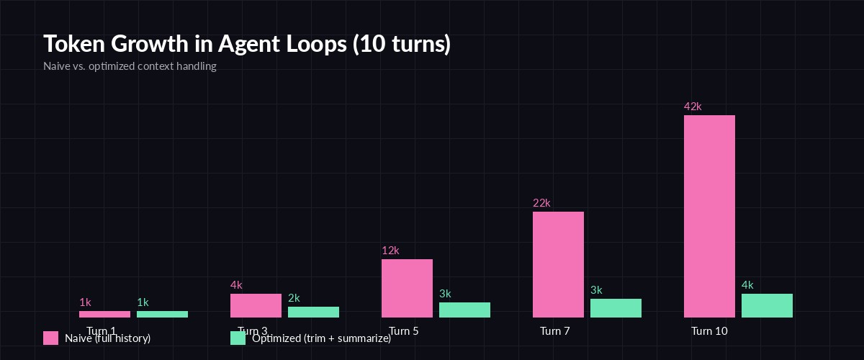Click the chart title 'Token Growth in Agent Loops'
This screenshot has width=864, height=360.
(247, 44)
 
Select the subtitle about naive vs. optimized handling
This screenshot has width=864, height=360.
(130, 66)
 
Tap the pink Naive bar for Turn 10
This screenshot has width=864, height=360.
(709, 216)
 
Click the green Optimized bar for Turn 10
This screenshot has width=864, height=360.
(767, 305)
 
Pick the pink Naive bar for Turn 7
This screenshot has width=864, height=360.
(558, 264)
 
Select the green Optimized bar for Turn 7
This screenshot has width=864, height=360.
(616, 308)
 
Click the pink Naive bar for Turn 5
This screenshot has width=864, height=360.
(407, 288)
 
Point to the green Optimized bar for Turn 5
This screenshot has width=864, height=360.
(464, 310)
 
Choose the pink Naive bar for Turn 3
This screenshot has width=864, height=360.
(256, 305)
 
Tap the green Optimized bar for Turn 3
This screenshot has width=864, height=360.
(313, 312)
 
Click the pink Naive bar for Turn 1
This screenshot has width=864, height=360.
(104, 314)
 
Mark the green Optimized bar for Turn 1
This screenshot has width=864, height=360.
(162, 314)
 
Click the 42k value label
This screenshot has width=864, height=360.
(693, 107)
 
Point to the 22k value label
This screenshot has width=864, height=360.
(541, 203)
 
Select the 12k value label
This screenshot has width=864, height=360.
(390, 251)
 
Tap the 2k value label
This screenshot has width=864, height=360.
(294, 298)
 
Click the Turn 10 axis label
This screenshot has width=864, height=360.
(709, 331)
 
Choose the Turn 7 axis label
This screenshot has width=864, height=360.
(554, 331)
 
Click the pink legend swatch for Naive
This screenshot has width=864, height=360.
(50, 338)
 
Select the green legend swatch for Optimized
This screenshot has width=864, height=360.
(238, 338)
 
